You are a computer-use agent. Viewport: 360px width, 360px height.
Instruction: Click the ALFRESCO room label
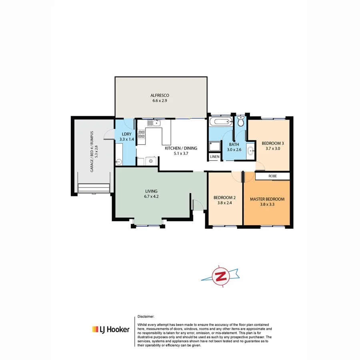pos(160,95)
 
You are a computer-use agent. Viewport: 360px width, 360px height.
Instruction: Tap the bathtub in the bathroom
pos(220,122)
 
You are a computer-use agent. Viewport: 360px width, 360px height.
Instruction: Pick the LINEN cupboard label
pos(214,157)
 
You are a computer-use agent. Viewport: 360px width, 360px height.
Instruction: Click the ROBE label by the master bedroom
pos(272,176)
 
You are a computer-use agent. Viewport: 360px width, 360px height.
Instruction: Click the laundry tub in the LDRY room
pos(119,162)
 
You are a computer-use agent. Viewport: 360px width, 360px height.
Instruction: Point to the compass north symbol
pos(220,276)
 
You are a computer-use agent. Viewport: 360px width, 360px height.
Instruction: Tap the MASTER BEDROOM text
pos(267,199)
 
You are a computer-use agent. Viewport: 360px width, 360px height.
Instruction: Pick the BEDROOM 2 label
pos(224,198)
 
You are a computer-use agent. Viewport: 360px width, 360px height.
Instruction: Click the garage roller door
pos(94,188)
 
